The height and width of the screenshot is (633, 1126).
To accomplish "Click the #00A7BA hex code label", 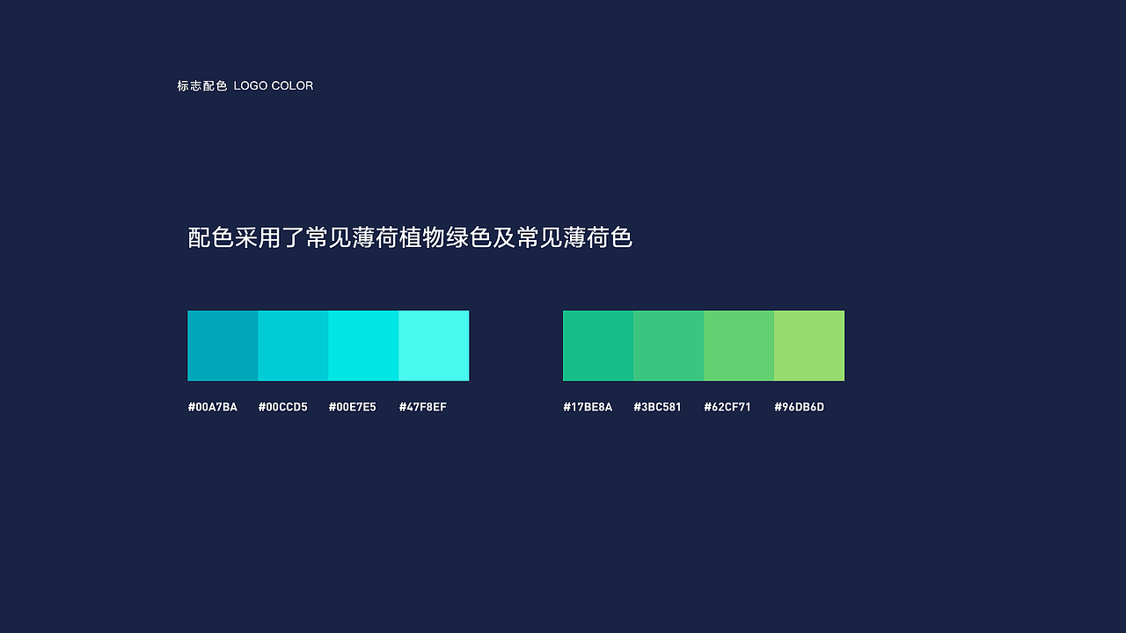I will click(x=212, y=407).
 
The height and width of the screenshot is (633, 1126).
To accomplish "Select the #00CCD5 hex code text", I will click(x=282, y=407).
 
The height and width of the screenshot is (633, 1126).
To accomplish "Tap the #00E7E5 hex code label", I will click(x=352, y=407).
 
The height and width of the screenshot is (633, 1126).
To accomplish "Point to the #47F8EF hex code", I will click(x=422, y=407).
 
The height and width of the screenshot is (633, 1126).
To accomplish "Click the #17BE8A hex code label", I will click(x=588, y=407).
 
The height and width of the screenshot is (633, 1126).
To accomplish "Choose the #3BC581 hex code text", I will click(x=657, y=407).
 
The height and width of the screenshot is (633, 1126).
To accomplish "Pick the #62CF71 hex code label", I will click(x=728, y=407).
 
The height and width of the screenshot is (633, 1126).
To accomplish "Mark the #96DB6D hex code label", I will click(x=799, y=407).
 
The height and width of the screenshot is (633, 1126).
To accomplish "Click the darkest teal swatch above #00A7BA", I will click(x=223, y=346).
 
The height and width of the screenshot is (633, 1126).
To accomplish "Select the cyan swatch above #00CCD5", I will click(x=293, y=346).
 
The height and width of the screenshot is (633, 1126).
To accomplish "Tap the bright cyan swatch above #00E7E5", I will click(x=363, y=346).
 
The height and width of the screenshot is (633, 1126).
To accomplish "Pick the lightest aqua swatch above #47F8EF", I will click(x=434, y=346).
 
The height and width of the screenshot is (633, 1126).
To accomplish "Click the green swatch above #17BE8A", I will click(x=598, y=346).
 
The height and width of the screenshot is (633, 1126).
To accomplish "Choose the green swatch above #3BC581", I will click(x=669, y=346).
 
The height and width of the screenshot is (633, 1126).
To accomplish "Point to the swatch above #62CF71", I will click(x=739, y=346).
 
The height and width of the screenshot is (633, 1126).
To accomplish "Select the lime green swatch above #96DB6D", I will click(x=809, y=346).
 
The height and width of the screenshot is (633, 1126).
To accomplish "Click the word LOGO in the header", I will click(x=250, y=86).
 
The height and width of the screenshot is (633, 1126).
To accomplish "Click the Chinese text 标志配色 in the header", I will click(x=202, y=86).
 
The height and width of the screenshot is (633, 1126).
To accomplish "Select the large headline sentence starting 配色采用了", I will click(x=410, y=237).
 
